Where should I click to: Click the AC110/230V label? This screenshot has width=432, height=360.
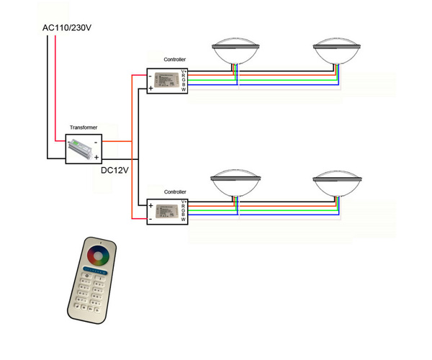[66, 28]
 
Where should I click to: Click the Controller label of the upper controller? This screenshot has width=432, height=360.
[175, 58]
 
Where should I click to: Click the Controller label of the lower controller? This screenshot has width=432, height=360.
[175, 192]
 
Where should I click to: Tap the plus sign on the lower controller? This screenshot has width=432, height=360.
[150, 204]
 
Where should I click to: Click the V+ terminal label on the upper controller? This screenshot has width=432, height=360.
[184, 71]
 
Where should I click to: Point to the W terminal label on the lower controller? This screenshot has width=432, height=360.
[184, 220]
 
